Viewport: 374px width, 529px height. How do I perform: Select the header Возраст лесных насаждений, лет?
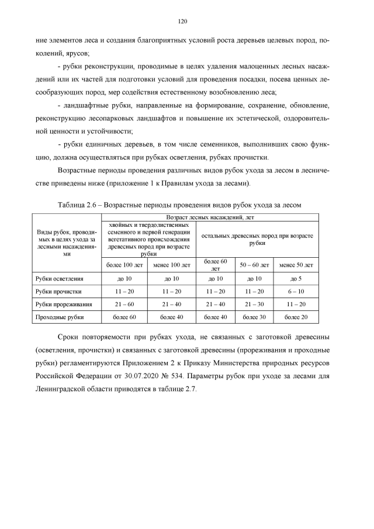(209, 217)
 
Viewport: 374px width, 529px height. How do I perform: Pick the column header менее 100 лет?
(172, 265)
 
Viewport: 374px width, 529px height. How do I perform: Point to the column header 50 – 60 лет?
(254, 265)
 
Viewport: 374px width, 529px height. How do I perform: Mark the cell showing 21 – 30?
(254, 304)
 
